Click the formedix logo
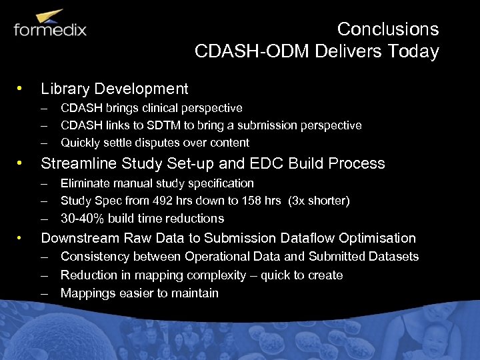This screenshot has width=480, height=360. click(x=50, y=26)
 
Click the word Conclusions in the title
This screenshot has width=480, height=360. click(x=387, y=29)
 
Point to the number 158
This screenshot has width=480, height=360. click(x=254, y=201)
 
